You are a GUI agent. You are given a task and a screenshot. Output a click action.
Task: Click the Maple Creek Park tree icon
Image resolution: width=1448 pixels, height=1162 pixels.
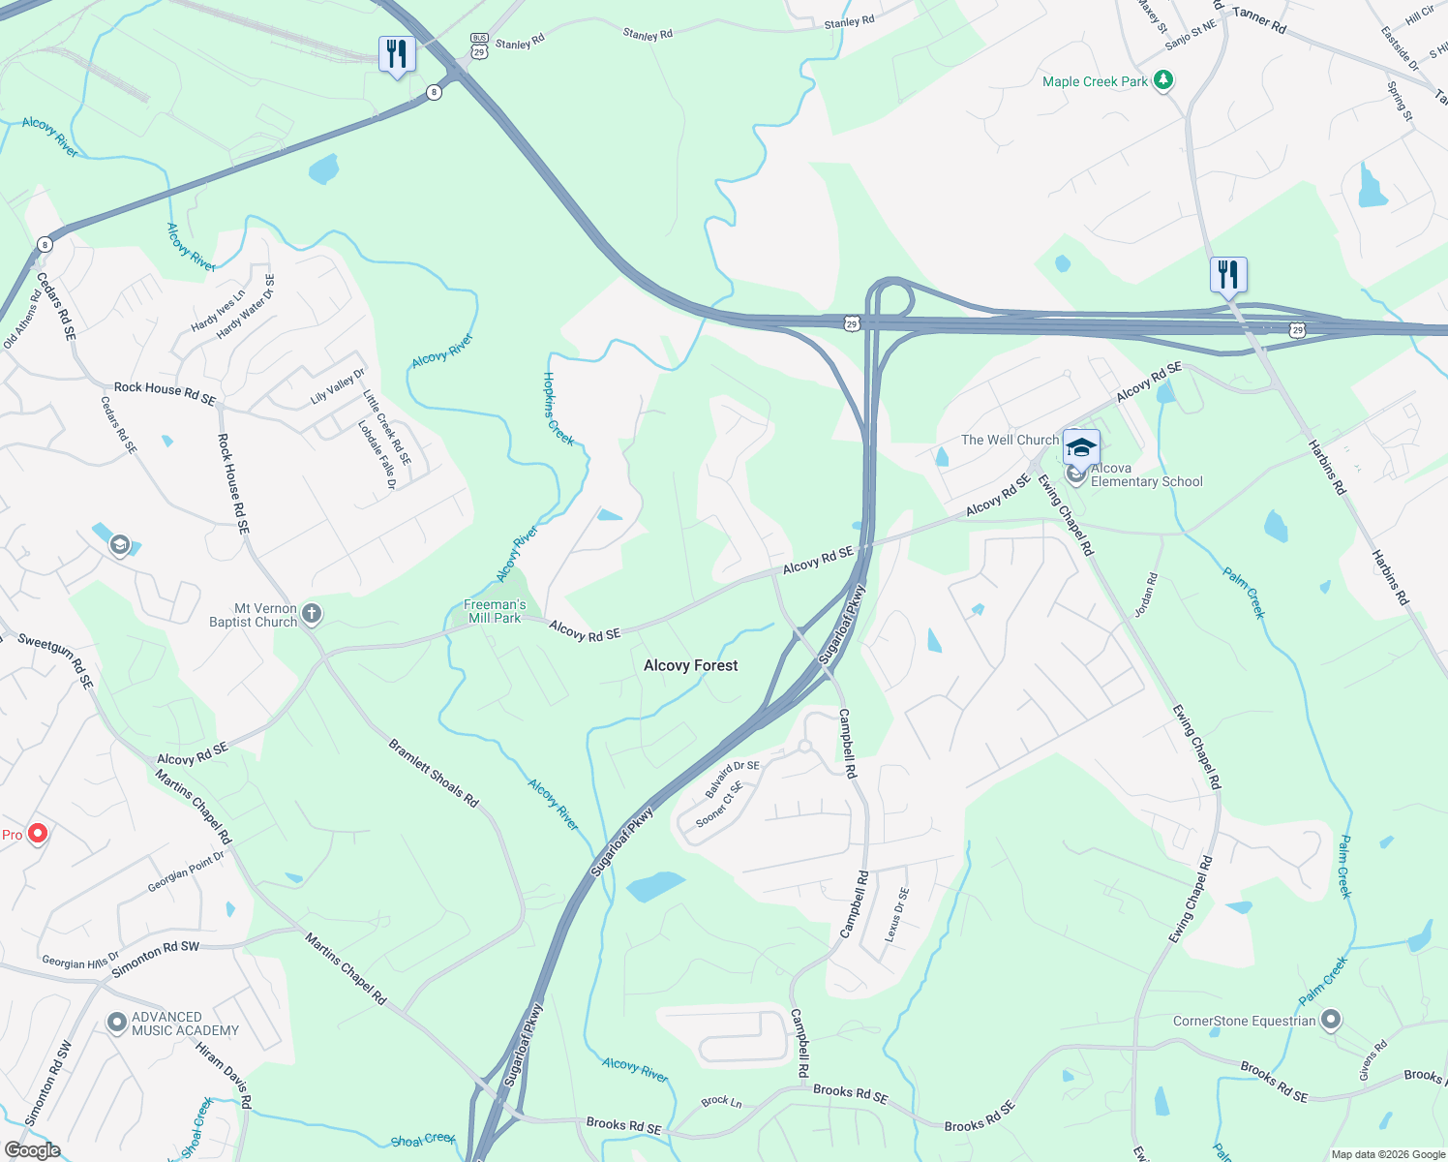(x=1163, y=81)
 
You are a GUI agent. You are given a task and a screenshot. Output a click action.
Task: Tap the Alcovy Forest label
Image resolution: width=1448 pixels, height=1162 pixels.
(x=690, y=665)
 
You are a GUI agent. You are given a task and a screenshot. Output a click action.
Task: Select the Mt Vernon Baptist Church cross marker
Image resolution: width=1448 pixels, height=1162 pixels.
(x=311, y=613)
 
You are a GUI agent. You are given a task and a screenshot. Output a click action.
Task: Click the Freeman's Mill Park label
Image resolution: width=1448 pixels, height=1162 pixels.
(x=495, y=611)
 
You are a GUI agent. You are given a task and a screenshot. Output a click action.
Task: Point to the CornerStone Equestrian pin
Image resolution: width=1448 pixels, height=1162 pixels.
(x=1331, y=1020)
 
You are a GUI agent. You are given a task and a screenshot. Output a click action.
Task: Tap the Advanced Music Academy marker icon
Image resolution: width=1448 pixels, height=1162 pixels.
(x=117, y=1022)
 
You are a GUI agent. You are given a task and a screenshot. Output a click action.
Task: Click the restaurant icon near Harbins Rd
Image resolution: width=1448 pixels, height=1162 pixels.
(x=1227, y=275)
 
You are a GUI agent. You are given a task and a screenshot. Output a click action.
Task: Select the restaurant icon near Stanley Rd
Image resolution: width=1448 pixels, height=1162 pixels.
(x=397, y=54)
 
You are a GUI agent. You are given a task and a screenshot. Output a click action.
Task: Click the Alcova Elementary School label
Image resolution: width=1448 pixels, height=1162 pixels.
(x=1146, y=474)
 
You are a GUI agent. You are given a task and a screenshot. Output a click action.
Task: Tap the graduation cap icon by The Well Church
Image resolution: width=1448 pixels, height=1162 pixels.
(x=1081, y=448)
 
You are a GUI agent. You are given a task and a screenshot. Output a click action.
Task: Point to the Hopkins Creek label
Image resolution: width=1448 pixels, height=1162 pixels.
(x=558, y=409)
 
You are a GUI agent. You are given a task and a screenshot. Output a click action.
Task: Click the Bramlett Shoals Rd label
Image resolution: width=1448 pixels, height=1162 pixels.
(x=433, y=773)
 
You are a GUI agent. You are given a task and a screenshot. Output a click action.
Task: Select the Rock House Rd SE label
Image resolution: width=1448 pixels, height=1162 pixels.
(x=232, y=483)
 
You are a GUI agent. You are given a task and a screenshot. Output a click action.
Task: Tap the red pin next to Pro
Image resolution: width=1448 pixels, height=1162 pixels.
(x=38, y=833)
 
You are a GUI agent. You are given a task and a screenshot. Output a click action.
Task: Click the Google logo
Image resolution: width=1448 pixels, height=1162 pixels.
(x=32, y=1149)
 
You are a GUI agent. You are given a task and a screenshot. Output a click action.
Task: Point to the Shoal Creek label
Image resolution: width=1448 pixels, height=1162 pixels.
(x=423, y=1140)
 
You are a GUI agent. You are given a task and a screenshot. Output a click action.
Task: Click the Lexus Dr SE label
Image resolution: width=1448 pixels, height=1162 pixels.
(x=897, y=915)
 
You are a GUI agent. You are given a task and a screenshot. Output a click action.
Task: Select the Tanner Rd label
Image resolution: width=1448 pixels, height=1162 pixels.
(x=1259, y=20)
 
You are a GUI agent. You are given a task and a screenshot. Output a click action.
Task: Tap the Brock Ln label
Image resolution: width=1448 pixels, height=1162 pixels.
(x=721, y=1101)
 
